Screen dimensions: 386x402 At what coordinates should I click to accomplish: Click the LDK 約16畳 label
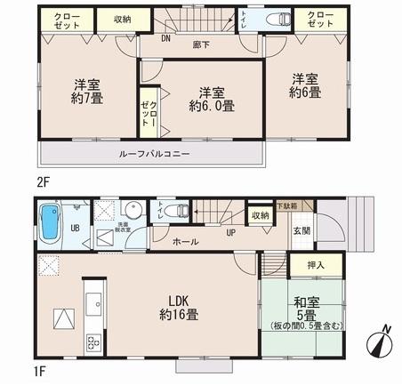click(179, 306)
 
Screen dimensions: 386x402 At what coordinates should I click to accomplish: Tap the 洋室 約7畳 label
click(87, 92)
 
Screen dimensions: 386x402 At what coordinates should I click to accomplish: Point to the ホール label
click(185, 242)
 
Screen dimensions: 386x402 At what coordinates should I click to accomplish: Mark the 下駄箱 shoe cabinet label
click(286, 205)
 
